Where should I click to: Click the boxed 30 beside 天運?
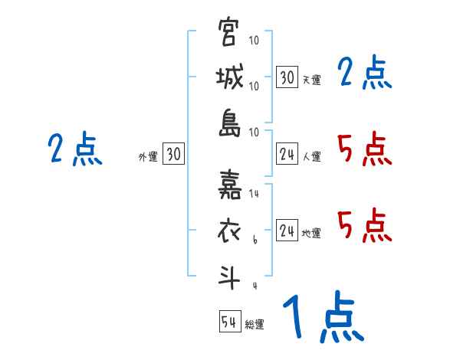pos(287,77)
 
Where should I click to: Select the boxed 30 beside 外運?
pos(174,154)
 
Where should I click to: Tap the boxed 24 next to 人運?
pos(287,154)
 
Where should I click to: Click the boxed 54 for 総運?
pos(229,322)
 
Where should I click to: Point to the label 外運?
pos(148,156)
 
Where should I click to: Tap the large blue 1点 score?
pos(322,319)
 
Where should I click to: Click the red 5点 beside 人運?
pos(365,149)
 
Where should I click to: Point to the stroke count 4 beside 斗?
pos(255,286)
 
